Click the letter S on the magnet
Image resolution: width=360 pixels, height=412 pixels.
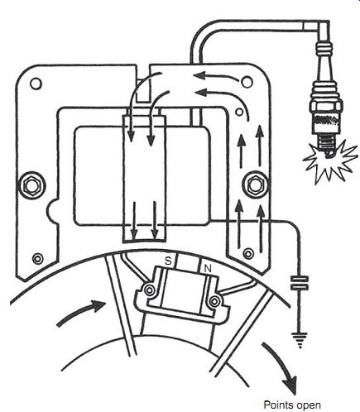pos(168,261)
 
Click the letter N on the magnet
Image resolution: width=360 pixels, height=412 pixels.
pos(208,268)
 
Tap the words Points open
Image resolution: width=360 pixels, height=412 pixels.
pos(292,405)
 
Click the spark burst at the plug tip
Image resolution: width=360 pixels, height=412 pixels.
pos(329,162)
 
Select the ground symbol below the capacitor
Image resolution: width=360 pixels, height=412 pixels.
pos(300,340)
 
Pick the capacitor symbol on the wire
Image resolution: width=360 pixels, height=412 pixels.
pos(300,284)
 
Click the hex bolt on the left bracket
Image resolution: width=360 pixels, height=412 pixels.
pos(31,185)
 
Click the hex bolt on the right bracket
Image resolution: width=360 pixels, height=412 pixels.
pos(255,184)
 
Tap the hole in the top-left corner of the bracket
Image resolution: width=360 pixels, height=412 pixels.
pos(36,84)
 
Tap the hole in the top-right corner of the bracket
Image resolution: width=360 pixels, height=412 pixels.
pos(247,82)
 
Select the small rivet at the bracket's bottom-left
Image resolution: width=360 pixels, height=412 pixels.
pos(38,258)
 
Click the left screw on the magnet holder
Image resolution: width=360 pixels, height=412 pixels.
pos(150,290)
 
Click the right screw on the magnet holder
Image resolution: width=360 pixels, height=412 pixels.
pos(214,302)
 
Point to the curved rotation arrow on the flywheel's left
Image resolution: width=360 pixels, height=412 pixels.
pos(83,311)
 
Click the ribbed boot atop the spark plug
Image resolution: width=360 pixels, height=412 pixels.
pos(325,50)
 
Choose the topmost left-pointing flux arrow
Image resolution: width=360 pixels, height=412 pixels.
pos(215,75)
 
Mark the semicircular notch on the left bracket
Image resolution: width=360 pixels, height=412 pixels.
pos(51,211)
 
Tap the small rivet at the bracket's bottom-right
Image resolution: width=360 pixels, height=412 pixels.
pos(248,253)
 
